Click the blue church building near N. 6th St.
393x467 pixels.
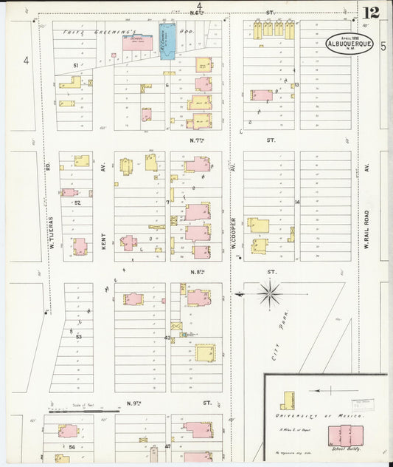click(x=167, y=38)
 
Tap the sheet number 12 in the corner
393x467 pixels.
click(x=371, y=13)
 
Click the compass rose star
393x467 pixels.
click(x=270, y=293)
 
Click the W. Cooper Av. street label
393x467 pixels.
click(x=233, y=238)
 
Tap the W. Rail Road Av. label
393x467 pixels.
click(x=366, y=228)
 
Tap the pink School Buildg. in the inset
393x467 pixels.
click(x=347, y=434)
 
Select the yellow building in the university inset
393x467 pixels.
click(x=285, y=400)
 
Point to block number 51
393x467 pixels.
click(x=75, y=66)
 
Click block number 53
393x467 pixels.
click(x=77, y=336)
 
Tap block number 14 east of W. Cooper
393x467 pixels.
click(x=297, y=202)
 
